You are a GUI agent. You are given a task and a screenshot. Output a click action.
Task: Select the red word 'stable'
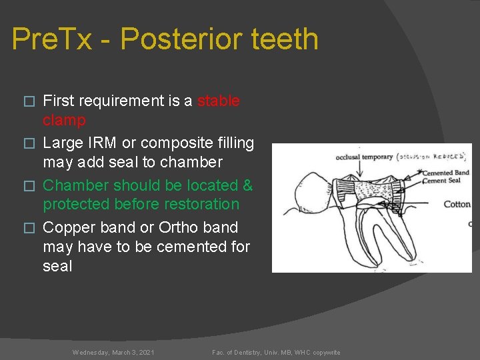219,101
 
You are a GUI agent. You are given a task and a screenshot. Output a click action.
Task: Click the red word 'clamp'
64,120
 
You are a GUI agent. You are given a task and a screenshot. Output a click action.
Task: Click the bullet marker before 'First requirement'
28,101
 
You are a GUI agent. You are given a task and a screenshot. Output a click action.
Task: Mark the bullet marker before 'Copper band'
28,228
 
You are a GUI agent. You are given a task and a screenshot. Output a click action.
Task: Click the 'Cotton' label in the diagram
457,204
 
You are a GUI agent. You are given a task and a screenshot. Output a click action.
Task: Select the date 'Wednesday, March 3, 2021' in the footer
113,352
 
